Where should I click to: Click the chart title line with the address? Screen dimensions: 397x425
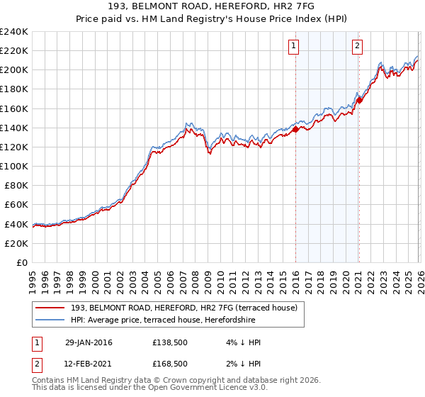212,6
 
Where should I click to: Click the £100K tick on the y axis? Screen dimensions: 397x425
14,166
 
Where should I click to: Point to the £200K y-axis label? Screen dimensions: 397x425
14,70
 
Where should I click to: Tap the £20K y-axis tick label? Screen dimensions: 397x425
16,243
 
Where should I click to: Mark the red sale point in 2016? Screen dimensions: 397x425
295,129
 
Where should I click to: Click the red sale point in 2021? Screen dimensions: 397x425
359,100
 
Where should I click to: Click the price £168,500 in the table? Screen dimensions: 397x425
169,364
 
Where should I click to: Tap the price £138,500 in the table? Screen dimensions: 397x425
169,342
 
